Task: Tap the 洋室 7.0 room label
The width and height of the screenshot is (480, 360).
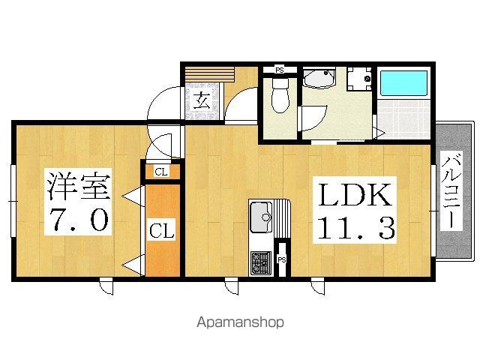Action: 78,202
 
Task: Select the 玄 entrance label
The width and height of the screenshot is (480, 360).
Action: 202,100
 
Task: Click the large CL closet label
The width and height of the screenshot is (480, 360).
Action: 162,230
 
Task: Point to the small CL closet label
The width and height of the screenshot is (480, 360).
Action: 161,172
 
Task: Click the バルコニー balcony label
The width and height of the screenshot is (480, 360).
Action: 451,192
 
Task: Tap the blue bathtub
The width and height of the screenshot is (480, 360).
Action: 403,83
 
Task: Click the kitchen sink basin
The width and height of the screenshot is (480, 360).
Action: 262,217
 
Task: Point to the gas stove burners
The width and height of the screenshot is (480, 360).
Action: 261,263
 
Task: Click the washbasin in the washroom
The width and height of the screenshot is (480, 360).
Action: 319,78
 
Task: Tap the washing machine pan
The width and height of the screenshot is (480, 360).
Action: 360,79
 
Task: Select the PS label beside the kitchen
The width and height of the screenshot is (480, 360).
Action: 282,260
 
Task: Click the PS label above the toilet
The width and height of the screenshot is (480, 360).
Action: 280,70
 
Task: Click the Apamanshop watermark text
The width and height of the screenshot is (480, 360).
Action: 240,322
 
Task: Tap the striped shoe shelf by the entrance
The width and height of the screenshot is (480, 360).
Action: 210,74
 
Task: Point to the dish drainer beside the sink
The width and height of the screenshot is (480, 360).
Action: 282,218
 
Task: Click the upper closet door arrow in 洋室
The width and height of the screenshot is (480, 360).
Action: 133,196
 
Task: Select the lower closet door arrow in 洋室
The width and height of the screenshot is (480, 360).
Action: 133,265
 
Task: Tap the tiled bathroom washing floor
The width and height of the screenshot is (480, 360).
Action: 403,118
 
